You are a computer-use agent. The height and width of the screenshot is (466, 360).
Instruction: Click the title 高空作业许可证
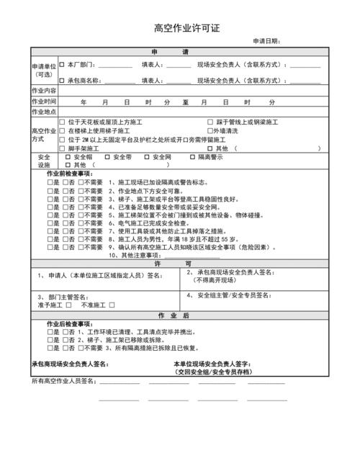click(x=179, y=29)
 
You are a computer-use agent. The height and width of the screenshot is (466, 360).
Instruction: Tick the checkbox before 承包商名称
click(x=62, y=81)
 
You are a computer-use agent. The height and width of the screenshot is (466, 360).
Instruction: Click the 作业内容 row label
click(x=44, y=91)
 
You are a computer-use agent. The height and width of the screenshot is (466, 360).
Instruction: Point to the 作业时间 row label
click(x=44, y=102)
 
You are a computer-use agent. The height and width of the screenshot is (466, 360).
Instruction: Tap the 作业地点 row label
click(x=44, y=112)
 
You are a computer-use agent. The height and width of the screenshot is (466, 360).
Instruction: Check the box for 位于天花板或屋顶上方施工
click(x=62, y=122)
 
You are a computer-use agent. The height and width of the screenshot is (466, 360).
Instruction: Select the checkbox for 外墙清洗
click(x=210, y=131)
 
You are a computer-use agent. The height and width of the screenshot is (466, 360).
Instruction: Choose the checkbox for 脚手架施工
click(x=62, y=148)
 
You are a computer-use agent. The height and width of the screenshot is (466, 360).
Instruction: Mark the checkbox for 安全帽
click(x=68, y=156)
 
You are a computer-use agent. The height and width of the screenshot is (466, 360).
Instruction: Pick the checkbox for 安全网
click(x=150, y=156)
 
